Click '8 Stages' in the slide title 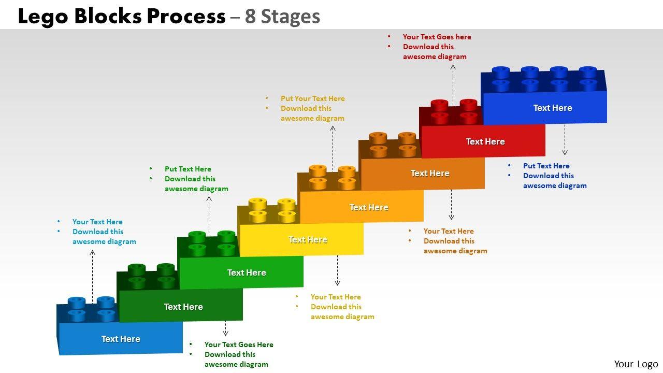coord(282,17)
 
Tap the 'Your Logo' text coord(636,364)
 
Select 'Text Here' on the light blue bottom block coord(121,339)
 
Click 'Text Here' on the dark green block coord(183,307)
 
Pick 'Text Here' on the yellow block coord(308,239)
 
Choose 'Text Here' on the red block coord(485,141)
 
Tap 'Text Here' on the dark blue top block coord(553,108)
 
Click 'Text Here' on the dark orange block coord(430,173)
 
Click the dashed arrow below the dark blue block coord(565,140)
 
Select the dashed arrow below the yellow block coord(337,270)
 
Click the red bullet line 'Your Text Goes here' coord(437,37)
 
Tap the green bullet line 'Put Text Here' coord(188,169)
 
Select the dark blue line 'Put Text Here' coord(546,166)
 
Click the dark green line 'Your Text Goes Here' coord(239,345)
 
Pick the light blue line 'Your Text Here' coord(97,222)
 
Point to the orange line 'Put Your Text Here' coord(312,98)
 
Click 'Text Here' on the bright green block coord(247,272)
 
